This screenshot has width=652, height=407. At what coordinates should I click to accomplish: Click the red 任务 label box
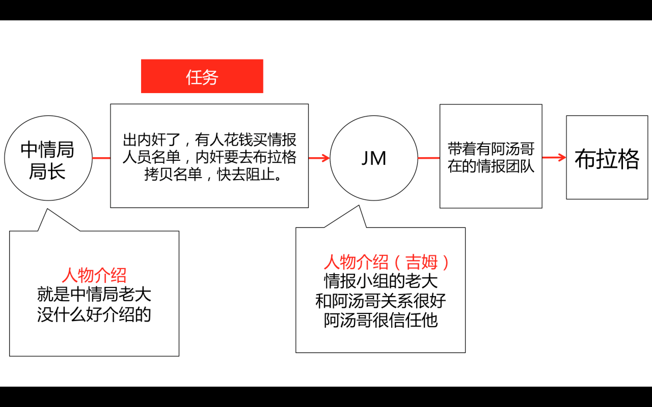point(202,76)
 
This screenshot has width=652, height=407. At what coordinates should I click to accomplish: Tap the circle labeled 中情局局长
point(48,158)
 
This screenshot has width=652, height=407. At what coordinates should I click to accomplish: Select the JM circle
point(374,158)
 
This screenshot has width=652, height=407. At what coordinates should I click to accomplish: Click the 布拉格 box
point(607,157)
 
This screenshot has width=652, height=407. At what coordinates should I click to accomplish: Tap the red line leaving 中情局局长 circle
point(101,158)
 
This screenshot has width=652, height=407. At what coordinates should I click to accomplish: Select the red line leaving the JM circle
point(429,158)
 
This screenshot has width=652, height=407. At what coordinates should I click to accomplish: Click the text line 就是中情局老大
point(94,295)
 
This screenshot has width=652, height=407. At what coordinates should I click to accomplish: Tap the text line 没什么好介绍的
point(94,314)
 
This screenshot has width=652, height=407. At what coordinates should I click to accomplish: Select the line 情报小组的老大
point(381,281)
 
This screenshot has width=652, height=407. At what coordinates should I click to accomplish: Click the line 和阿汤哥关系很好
point(381,301)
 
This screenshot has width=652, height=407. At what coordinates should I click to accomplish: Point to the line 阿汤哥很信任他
point(381,320)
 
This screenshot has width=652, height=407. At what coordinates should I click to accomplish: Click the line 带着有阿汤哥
point(491,149)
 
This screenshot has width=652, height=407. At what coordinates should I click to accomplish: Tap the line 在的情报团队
point(491,166)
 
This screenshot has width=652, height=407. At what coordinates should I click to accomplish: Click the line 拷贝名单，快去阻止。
point(213,175)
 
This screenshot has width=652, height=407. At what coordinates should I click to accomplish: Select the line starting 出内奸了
point(209,140)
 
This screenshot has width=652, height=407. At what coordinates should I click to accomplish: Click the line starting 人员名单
point(209,157)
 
